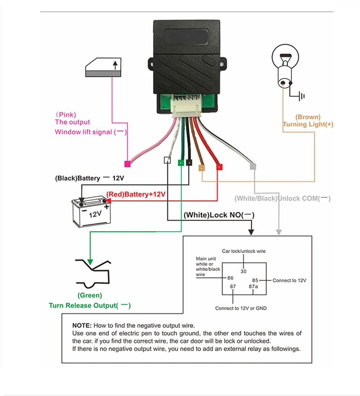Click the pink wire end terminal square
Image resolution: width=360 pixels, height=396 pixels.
pyautogui.click(x=127, y=164)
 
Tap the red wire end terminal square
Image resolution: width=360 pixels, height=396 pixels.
pyautogui.click(x=219, y=167)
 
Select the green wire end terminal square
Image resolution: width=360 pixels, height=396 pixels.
pyautogui.click(x=181, y=163)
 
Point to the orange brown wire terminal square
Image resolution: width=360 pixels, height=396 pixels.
pyautogui.click(x=202, y=168)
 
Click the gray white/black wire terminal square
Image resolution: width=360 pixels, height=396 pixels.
pyautogui.click(x=253, y=166)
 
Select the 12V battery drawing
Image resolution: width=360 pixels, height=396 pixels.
pyautogui.click(x=91, y=212)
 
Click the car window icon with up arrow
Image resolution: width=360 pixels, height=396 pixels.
pyautogui.click(x=103, y=67)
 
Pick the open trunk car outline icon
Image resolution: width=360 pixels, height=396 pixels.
pyautogui.click(x=93, y=274)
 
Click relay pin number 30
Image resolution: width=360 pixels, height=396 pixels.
pyautogui.click(x=243, y=271)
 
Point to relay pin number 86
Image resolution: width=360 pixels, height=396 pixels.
pyautogui.click(x=230, y=278)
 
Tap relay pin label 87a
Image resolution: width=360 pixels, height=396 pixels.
pyautogui.click(x=253, y=287)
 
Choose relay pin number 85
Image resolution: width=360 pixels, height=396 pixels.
pyautogui.click(x=255, y=280)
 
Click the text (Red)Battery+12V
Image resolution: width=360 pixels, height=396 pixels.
pyautogui.click(x=136, y=194)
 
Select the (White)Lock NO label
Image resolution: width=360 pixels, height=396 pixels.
pyautogui.click(x=219, y=215)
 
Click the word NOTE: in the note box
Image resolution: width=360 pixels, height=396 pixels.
pyautogui.click(x=82, y=325)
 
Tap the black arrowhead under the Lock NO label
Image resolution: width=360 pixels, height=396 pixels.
pyautogui.click(x=251, y=232)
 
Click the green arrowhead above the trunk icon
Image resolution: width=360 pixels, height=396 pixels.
pyautogui.click(x=90, y=262)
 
